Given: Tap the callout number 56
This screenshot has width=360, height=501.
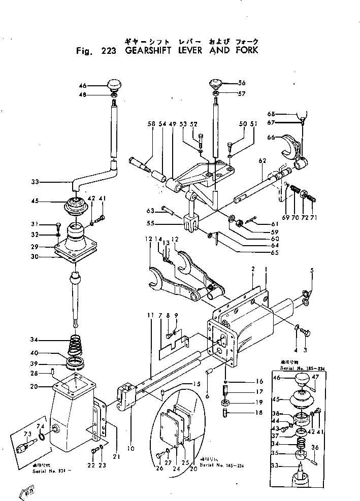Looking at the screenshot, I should pos(242,83).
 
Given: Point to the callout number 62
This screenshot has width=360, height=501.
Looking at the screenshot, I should pos(262,161).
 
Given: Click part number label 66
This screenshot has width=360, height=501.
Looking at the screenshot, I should pos(271,137).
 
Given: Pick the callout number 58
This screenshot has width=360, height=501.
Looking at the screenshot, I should pos(151,124).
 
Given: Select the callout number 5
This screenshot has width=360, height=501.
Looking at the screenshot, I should pos(312,270).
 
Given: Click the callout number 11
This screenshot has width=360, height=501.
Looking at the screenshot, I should pos(150,315).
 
